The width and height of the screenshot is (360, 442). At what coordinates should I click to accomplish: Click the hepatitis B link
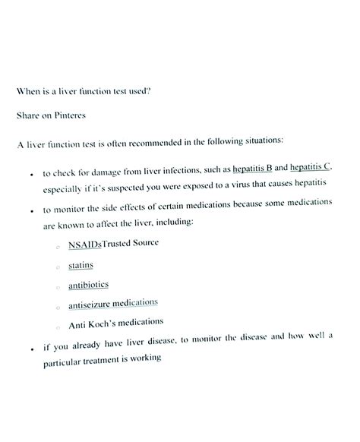[x=252, y=168]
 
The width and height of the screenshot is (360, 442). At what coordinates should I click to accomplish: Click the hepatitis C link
[x=311, y=166]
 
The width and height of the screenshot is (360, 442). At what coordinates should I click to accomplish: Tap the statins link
[x=81, y=266]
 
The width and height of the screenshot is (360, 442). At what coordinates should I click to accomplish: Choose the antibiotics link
[x=89, y=285]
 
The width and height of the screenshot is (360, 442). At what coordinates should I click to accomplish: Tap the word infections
[x=184, y=169]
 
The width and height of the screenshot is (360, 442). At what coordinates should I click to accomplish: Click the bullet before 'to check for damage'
[x=29, y=174]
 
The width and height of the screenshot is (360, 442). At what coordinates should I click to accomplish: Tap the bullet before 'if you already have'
[x=30, y=350]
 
